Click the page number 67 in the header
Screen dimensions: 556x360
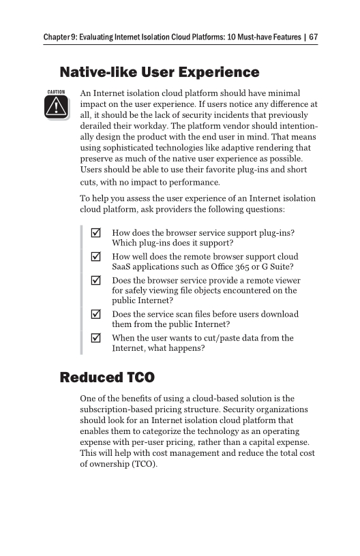click(313, 37)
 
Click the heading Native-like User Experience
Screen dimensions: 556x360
click(160, 72)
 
